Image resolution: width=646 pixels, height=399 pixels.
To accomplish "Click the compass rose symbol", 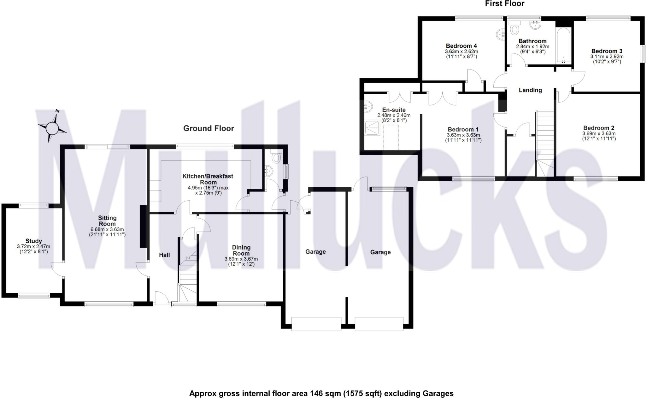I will pyautogui.click(x=52, y=128).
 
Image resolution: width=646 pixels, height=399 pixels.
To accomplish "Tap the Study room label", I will pyautogui.click(x=34, y=241).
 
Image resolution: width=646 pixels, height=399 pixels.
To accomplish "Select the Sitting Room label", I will pyautogui.click(x=107, y=221).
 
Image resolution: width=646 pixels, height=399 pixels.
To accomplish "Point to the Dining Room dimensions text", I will pyautogui.click(x=241, y=261).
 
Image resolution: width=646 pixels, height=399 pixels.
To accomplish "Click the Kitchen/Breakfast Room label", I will pyautogui.click(x=208, y=179).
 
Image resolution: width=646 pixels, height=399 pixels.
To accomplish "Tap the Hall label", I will pyautogui.click(x=164, y=255).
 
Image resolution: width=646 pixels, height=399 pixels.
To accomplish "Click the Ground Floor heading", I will pyautogui.click(x=208, y=128).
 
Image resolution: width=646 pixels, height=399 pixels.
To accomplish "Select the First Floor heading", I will pyautogui.click(x=505, y=4).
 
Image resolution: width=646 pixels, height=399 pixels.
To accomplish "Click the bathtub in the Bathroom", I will pyautogui.click(x=563, y=46).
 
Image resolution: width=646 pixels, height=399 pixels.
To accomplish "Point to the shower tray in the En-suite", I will pyautogui.click(x=373, y=128).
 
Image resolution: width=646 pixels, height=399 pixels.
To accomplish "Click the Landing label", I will pyautogui.click(x=530, y=90).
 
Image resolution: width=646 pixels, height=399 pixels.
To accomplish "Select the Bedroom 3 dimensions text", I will pyautogui.click(x=607, y=59).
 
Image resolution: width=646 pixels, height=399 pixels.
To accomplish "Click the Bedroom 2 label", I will pyautogui.click(x=599, y=128).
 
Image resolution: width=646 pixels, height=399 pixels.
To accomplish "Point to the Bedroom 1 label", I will pyautogui.click(x=463, y=130).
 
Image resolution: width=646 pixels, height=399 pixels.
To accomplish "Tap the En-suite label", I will pyautogui.click(x=394, y=110).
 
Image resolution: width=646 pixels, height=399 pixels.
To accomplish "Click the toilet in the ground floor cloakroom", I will pyautogui.click(x=277, y=157).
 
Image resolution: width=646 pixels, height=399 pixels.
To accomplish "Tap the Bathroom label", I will pyautogui.click(x=532, y=41).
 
